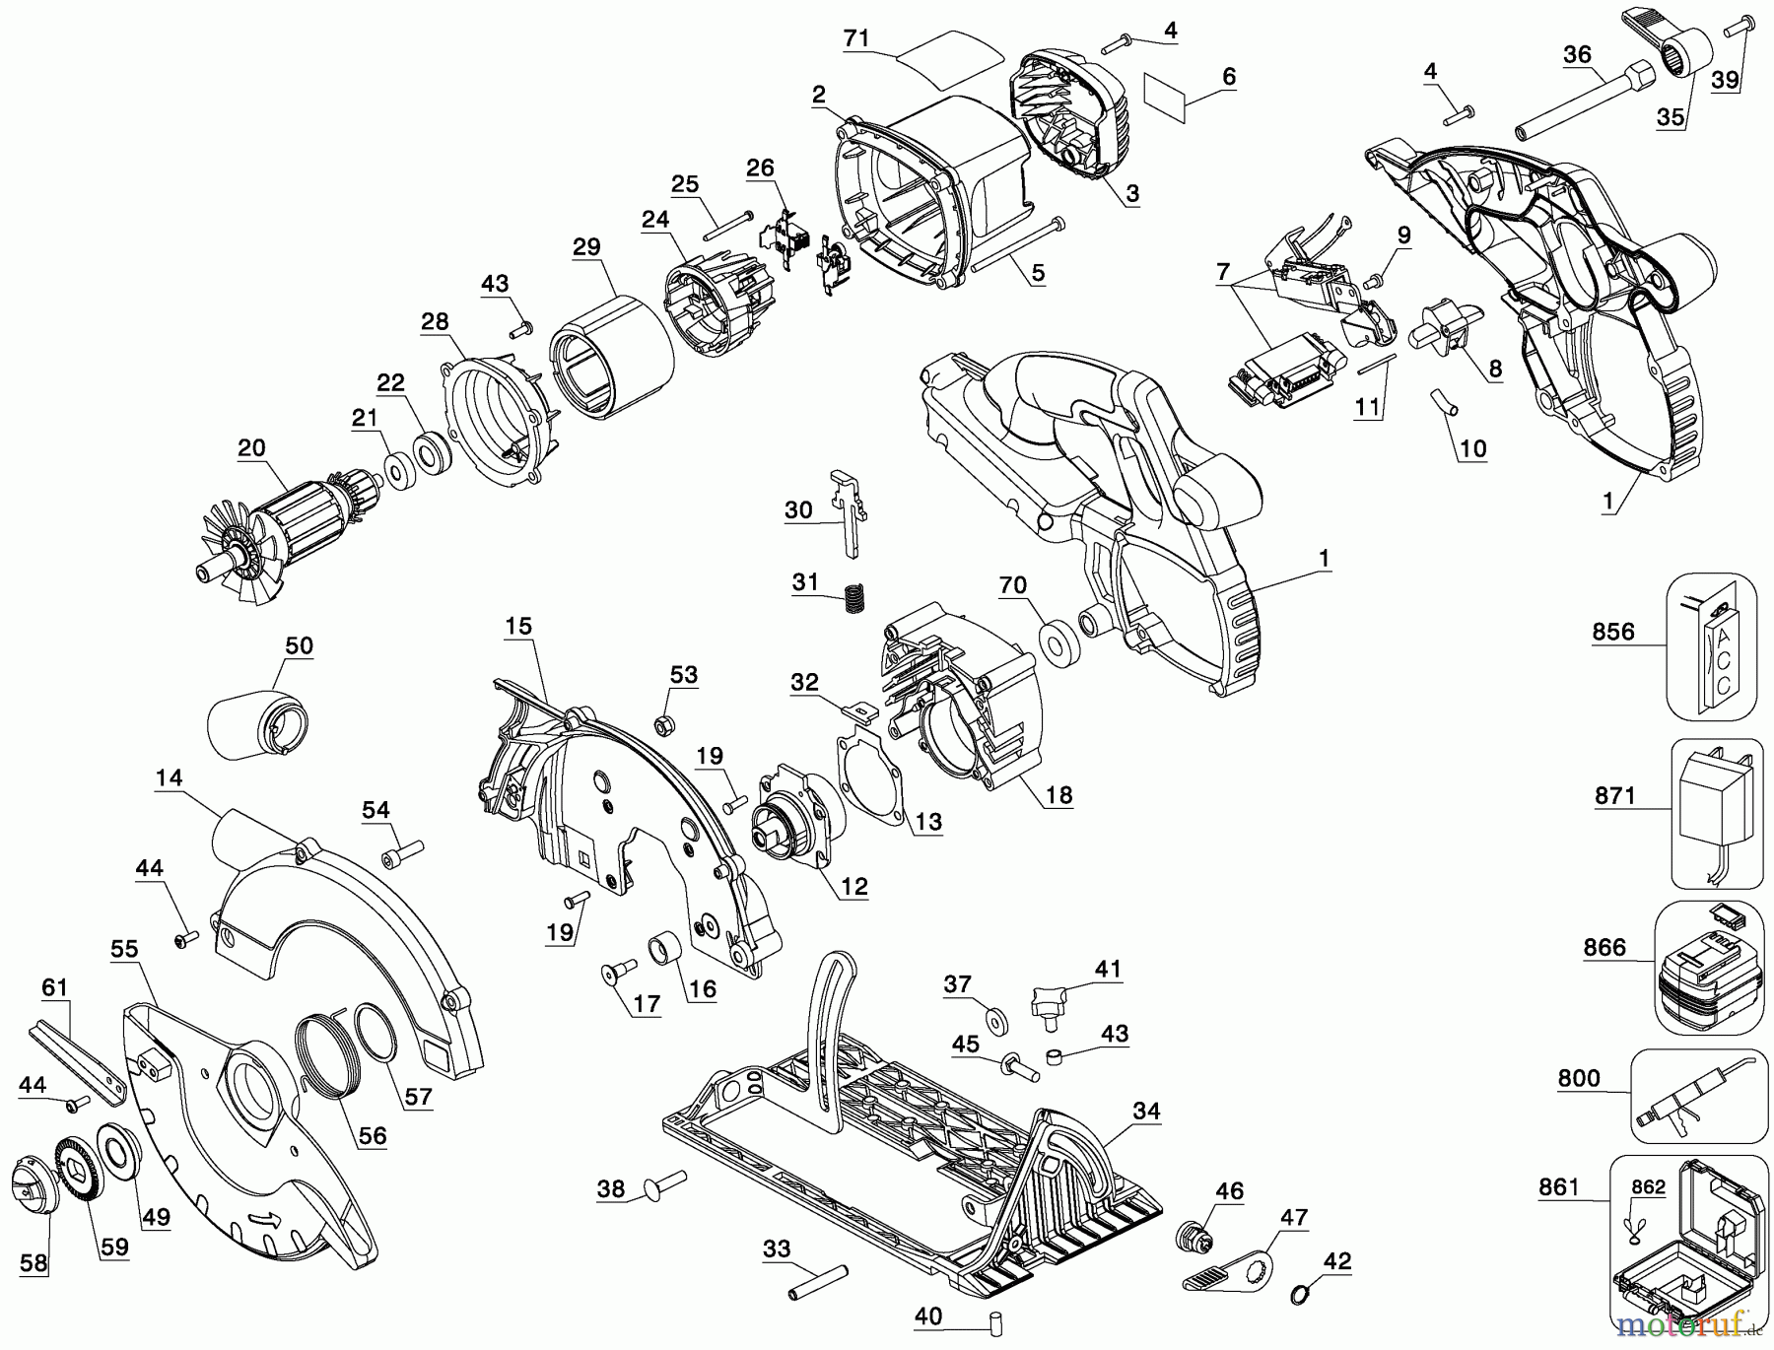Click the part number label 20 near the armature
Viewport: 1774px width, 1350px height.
(x=251, y=448)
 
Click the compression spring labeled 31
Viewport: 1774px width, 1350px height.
(x=853, y=598)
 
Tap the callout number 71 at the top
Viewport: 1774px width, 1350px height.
(x=856, y=38)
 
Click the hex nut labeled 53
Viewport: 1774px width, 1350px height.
(x=664, y=726)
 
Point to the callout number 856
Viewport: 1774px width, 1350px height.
(x=1613, y=631)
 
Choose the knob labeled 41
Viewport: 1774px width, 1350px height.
(x=1050, y=1005)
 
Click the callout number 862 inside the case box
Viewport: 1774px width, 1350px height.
(x=1648, y=1186)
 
